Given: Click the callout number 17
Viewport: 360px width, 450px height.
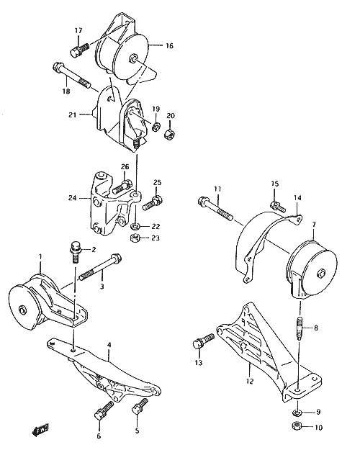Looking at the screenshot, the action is (78, 30).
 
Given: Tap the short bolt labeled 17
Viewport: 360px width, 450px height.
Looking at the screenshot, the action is (79, 50).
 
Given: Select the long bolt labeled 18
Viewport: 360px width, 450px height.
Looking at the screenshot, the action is (71, 75).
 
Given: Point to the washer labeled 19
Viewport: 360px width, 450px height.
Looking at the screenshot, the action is (156, 127).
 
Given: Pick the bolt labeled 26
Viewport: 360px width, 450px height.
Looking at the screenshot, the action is (122, 186).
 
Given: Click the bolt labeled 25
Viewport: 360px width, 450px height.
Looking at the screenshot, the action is (153, 202).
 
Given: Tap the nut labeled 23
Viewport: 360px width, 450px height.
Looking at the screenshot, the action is (135, 238).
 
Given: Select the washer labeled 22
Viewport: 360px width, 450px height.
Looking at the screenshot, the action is (135, 227).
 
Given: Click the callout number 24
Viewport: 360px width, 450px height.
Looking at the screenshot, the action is (72, 198).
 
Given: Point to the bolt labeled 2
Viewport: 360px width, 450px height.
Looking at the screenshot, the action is (75, 252).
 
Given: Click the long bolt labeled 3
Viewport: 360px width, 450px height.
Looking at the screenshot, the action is (101, 267).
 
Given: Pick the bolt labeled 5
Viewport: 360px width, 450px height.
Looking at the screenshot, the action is (140, 406).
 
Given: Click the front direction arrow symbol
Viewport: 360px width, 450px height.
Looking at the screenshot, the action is (40, 429).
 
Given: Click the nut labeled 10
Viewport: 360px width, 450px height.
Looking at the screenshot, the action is (296, 426).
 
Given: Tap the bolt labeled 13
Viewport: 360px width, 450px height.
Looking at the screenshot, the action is (204, 341).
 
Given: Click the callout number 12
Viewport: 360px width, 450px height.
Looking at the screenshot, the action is (250, 382).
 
